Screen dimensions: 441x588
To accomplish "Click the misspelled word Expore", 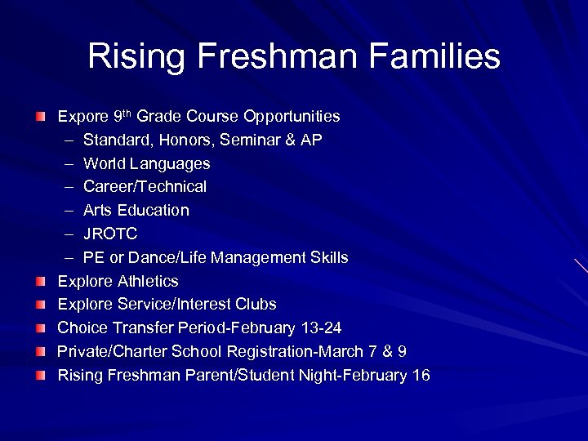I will coord(82,117).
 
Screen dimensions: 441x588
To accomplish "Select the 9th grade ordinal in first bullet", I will coord(121,116).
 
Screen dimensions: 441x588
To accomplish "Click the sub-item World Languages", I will coord(146,164).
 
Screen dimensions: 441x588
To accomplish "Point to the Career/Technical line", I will coord(145,187).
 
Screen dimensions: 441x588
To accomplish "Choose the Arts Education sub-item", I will coord(136,211).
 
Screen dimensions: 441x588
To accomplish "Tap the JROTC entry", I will coord(110,234).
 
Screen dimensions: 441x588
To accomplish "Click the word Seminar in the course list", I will coord(247,140).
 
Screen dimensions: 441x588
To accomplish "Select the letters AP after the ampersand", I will coord(311,140).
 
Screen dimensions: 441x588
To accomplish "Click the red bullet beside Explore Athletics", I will coord(41,282).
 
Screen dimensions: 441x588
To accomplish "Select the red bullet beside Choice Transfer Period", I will coord(41,328).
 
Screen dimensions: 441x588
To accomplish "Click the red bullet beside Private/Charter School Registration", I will coord(41,352).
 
